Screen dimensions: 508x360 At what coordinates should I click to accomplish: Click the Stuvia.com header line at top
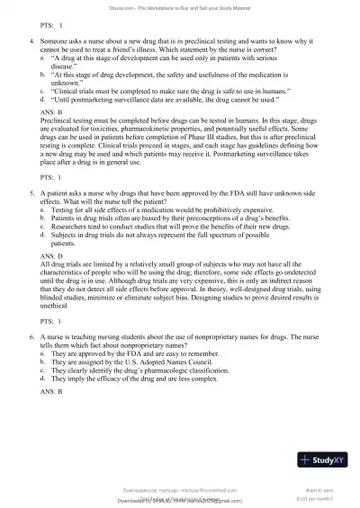pos(179,7)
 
